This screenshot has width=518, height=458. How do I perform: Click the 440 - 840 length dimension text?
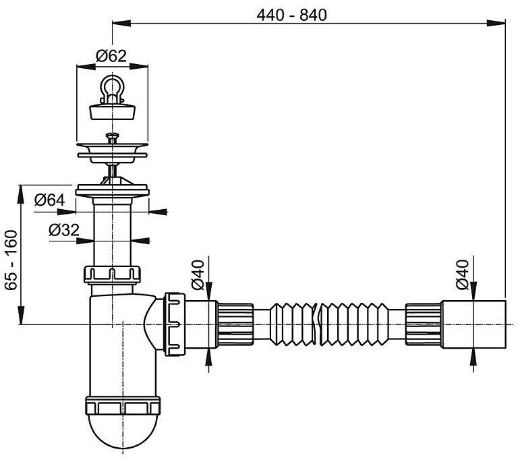pyautogui.click(x=291, y=16)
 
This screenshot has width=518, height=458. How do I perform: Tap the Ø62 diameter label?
pyautogui.click(x=111, y=56)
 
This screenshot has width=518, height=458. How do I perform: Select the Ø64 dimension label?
pyautogui.click(x=50, y=200)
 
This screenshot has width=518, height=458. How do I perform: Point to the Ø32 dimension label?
pyautogui.click(x=64, y=230)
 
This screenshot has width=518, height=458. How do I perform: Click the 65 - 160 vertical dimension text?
pyautogui.click(x=11, y=260)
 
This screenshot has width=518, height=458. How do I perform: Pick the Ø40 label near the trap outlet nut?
pyautogui.click(x=198, y=275)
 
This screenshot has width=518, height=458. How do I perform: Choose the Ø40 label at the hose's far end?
pyautogui.click(x=462, y=275)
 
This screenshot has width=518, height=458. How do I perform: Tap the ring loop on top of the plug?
pyautogui.click(x=113, y=86)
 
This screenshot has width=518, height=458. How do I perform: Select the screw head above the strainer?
pyautogui.click(x=113, y=136)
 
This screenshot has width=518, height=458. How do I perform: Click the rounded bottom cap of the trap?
pyautogui.click(x=123, y=430)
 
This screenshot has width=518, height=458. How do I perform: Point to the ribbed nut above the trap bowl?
pyautogui.click(x=113, y=275)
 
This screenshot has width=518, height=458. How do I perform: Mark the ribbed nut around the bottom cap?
pyautogui.click(x=123, y=405)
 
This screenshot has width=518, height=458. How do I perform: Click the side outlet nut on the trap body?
pyautogui.click(x=175, y=324)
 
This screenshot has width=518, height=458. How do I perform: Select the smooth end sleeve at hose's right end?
pyautogui.click(x=473, y=324)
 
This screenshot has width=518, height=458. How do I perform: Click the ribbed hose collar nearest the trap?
pyautogui.click(x=235, y=324)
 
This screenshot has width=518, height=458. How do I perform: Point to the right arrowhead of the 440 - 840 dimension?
pyautogui.click(x=496, y=23)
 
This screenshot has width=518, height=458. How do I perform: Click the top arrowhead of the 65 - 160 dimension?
pyautogui.click(x=21, y=194)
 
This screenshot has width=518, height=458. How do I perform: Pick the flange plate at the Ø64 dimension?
pyautogui.click(x=113, y=192)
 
